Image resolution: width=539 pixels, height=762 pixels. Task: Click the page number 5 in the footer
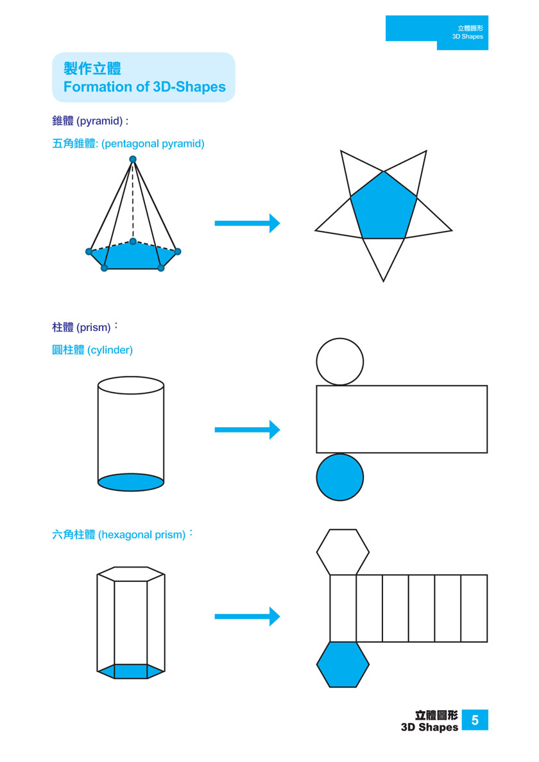pyautogui.click(x=475, y=720)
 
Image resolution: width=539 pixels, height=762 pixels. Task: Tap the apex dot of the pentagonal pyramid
pyautogui.click(x=133, y=159)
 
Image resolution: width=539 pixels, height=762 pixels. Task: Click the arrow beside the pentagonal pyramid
pyautogui.click(x=247, y=223)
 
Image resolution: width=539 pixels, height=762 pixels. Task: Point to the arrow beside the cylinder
pyautogui.click(x=247, y=430)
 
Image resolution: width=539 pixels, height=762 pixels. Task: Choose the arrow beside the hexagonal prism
pyautogui.click(x=247, y=616)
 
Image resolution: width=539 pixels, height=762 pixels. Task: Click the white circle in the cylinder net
pyautogui.click(x=340, y=362)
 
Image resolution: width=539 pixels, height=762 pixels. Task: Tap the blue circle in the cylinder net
pyautogui.click(x=340, y=477)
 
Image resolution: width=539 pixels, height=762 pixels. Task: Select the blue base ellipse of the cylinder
pyautogui.click(x=131, y=482)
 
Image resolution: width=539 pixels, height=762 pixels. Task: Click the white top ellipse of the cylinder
pyautogui.click(x=131, y=385)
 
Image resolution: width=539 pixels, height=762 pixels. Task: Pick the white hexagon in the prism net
pyautogui.click(x=343, y=552)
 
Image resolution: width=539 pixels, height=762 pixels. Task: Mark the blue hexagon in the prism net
pyautogui.click(x=343, y=665)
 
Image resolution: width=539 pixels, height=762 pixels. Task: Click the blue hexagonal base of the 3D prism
pyautogui.click(x=131, y=672)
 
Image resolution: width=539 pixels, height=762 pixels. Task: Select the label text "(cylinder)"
pyautogui.click(x=110, y=350)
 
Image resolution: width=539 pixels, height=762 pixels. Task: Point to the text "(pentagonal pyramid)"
pyautogui.click(x=153, y=144)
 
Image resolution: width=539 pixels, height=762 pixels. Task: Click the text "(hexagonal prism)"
pyautogui.click(x=142, y=534)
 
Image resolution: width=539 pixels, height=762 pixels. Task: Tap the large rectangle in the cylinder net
pyautogui.click(x=402, y=419)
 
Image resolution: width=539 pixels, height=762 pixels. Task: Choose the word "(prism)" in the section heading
pyautogui.click(x=93, y=328)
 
